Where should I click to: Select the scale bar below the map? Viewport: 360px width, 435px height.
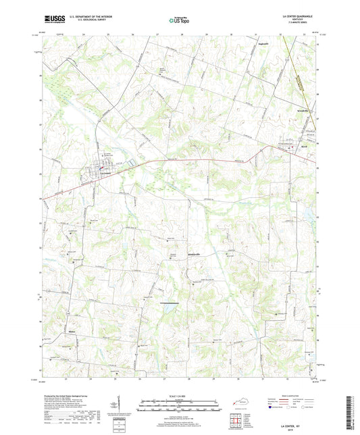tap(178, 407)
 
